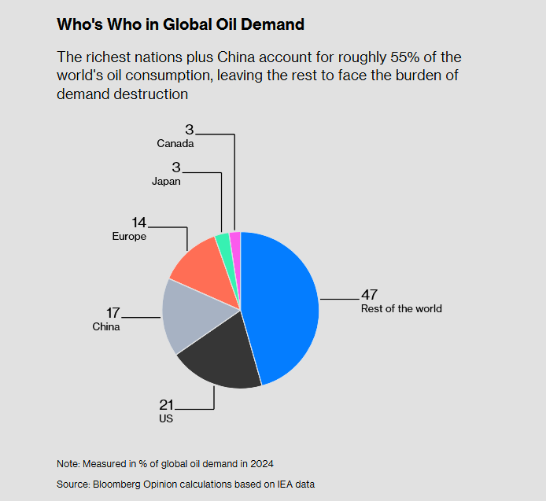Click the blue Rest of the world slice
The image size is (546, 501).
click(x=283, y=307)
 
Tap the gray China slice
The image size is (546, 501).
click(x=193, y=315)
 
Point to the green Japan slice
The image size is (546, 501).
click(x=223, y=244)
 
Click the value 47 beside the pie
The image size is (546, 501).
click(x=369, y=295)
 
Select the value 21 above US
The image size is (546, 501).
click(x=166, y=405)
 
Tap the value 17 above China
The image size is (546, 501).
click(x=113, y=313)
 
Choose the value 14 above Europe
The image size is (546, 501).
click(x=139, y=223)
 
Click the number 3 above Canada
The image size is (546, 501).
click(x=189, y=130)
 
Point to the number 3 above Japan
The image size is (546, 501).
click(x=176, y=168)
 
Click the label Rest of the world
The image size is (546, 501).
click(x=401, y=308)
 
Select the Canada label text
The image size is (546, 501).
click(x=175, y=144)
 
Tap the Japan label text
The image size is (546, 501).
click(x=166, y=181)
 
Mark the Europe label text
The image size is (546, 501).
click(x=129, y=236)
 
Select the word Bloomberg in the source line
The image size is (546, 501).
click(x=119, y=484)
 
